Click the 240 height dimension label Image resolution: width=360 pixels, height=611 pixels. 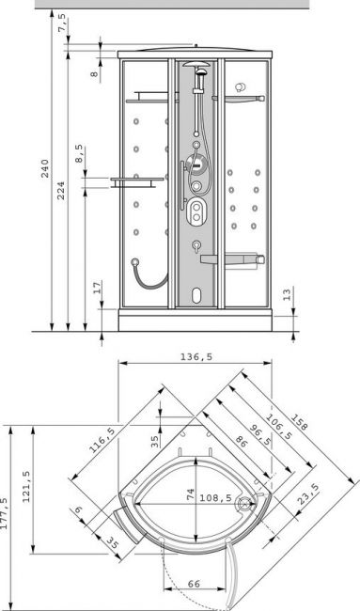[x=45, y=168]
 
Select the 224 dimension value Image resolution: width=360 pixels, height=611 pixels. [x=61, y=191]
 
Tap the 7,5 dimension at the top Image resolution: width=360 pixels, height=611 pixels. [x=62, y=23]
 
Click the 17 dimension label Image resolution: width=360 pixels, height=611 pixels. [x=97, y=287]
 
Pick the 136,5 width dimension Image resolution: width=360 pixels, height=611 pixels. [x=196, y=356]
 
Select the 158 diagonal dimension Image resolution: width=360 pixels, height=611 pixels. [x=299, y=422]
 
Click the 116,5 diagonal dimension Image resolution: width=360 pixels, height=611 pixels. [x=102, y=440]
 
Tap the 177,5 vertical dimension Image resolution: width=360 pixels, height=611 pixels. [x=5, y=513]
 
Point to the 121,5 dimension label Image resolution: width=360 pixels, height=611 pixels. [x=26, y=486]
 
